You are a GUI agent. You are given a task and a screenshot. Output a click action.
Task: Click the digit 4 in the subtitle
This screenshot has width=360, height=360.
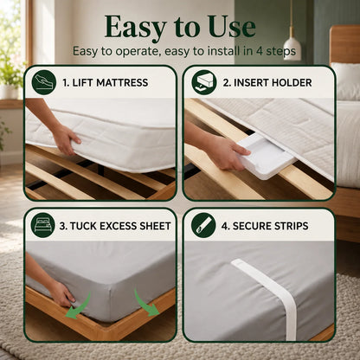click(259, 51)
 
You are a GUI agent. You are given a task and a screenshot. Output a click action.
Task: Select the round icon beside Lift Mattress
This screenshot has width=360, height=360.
click(44, 82)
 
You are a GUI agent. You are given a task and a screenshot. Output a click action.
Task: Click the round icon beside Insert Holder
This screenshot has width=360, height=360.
click(204, 82)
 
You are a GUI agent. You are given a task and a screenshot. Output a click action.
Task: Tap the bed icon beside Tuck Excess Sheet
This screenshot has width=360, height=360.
click(42, 225)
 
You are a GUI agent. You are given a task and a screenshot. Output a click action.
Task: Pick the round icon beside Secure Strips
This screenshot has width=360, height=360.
click(203, 225)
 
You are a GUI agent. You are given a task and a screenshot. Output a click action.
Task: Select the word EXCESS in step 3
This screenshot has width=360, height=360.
click(118, 226)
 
